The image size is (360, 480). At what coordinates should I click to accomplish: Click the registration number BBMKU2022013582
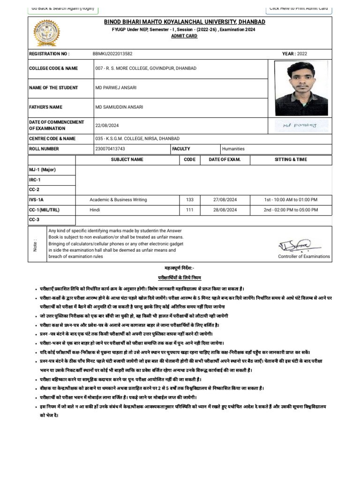point(112,54)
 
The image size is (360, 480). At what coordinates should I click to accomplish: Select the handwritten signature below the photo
point(300,125)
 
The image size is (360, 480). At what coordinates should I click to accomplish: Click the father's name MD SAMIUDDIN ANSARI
point(119,107)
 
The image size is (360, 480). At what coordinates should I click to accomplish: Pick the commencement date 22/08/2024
point(108,125)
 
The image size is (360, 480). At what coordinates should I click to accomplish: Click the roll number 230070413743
point(110,149)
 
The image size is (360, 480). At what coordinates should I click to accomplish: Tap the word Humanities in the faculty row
point(233,149)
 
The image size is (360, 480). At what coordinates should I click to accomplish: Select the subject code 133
point(189,200)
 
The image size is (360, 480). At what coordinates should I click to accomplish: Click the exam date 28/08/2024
point(226,210)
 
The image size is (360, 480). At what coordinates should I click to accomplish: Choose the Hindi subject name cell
point(95,210)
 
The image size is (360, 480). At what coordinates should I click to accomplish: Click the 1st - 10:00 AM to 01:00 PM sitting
point(290,200)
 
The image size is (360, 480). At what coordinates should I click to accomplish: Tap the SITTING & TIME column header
point(291,159)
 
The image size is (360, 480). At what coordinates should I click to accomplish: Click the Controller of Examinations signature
point(300,245)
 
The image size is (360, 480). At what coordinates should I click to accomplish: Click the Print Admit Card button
point(298,8)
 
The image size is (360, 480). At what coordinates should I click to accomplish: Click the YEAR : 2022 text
point(294,54)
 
